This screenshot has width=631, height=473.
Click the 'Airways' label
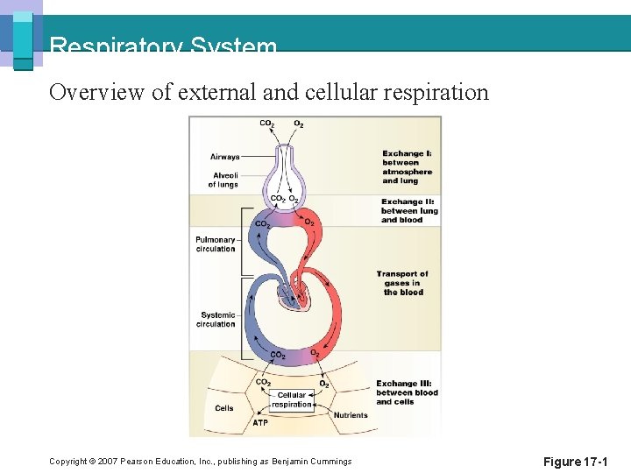click(224, 157)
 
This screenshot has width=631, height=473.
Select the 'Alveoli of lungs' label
click(223, 180)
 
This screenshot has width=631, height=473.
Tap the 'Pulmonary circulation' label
click(216, 244)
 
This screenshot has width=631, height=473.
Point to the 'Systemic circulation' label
click(216, 320)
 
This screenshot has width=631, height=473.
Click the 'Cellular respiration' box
click(292, 400)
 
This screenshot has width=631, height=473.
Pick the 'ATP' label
click(260, 423)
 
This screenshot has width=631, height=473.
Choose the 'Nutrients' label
click(351, 415)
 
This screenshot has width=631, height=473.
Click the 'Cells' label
click(224, 408)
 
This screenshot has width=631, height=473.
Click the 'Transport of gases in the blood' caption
click(402, 283)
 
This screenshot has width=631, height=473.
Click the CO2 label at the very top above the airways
click(266, 124)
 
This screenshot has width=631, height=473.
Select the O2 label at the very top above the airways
click(299, 124)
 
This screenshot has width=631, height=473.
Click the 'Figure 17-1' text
click(574, 462)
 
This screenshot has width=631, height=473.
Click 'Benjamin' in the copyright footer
click(294, 462)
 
